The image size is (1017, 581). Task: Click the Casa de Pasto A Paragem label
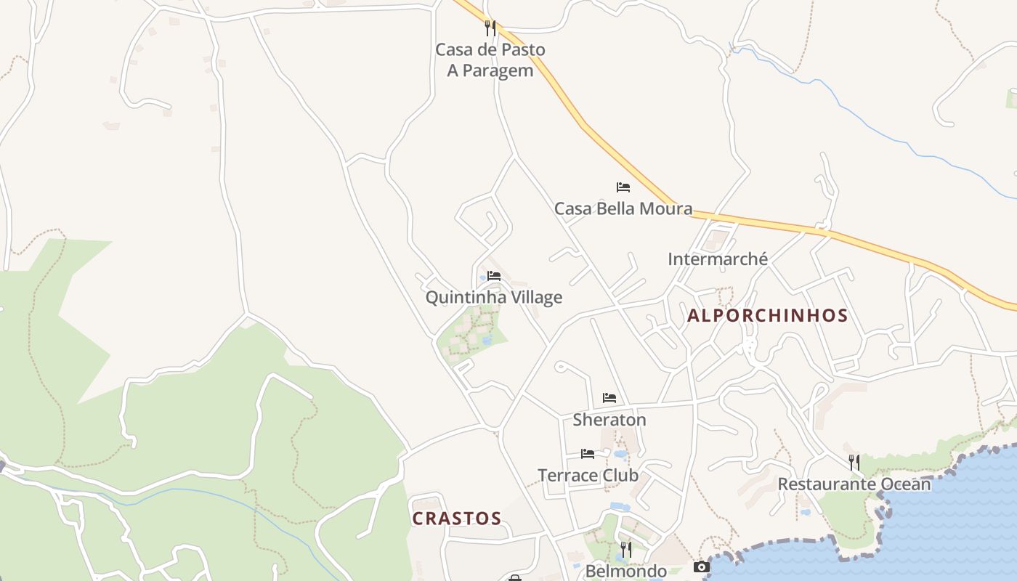pos(490,60)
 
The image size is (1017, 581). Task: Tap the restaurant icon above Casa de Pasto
pos(490,28)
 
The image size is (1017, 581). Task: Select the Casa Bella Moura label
pos(623,209)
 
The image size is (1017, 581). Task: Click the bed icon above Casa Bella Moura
pos(623,187)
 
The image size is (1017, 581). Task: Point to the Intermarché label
pos(717,259)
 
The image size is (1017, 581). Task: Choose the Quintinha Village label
pos(493,298)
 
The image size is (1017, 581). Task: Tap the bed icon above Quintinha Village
pos(494,276)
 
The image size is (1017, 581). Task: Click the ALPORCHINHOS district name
pos(767,316)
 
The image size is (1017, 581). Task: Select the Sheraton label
pos(609,420)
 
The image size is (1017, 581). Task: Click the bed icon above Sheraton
pos(609,398)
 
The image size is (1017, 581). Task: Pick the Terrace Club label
pos(588,476)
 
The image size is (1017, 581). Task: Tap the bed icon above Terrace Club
pos(588,454)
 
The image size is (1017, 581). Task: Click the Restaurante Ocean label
pos(854,484)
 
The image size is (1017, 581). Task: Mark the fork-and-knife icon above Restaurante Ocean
pos(854,462)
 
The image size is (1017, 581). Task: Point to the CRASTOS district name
pos(456,519)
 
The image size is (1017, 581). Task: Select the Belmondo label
pos(625,571)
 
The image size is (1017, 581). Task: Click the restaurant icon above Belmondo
pos(625,549)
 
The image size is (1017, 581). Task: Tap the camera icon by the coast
pos(701,566)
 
